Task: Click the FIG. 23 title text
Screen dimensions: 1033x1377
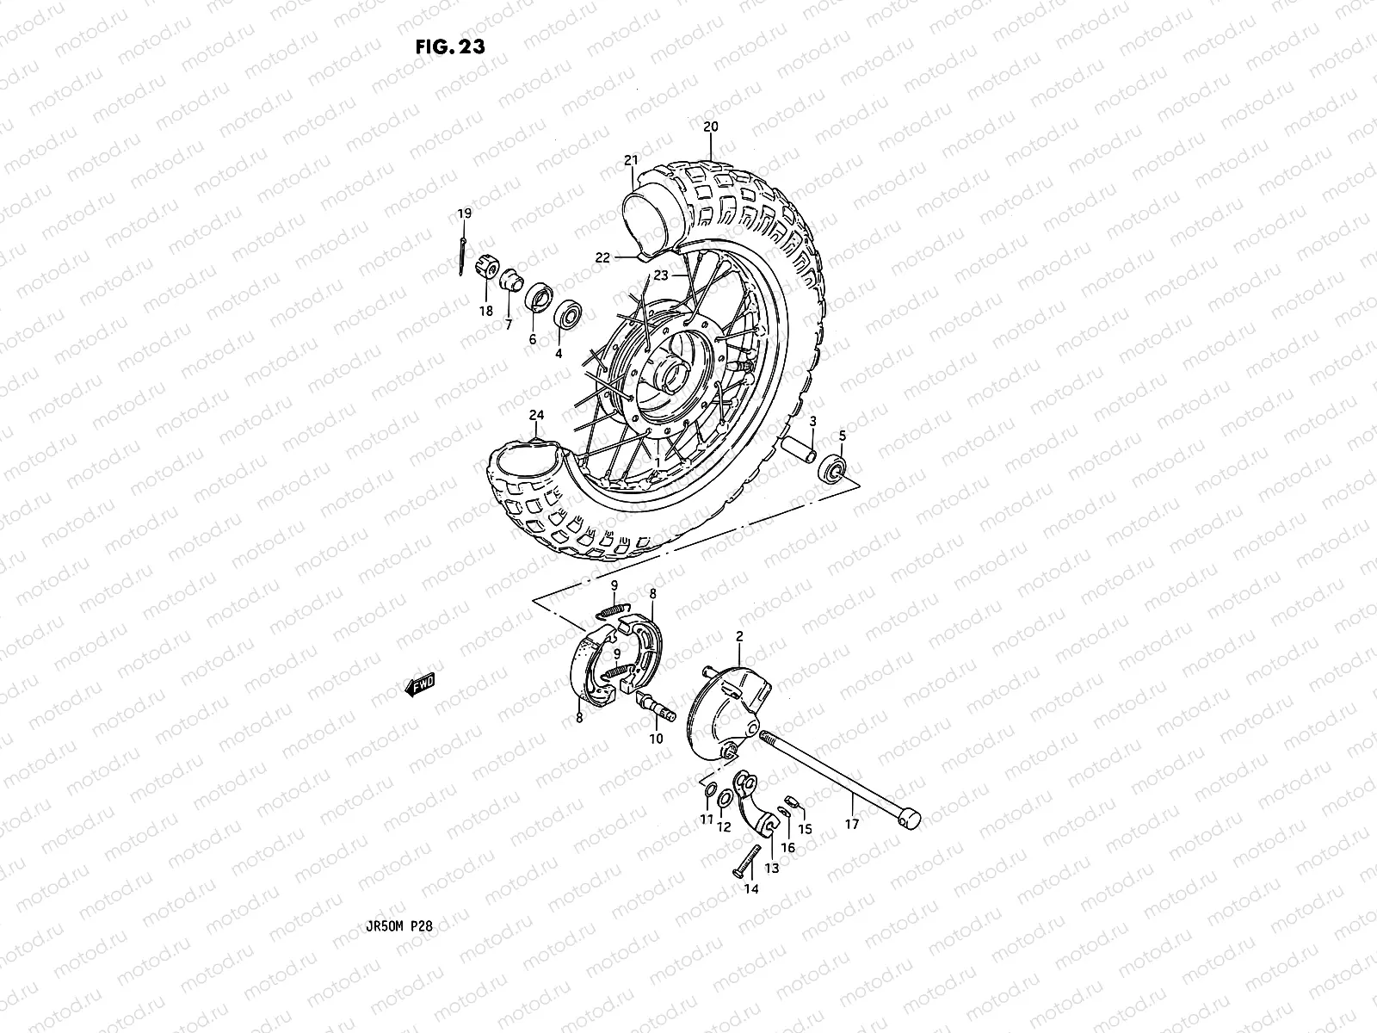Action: click(x=449, y=46)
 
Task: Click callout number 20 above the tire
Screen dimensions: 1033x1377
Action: click(x=710, y=126)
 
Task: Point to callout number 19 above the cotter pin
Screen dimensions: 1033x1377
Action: click(x=464, y=213)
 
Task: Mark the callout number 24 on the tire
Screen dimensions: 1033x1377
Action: click(x=537, y=415)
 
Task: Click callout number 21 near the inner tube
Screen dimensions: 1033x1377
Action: click(x=656, y=161)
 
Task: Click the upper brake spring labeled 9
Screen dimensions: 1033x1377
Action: click(x=609, y=611)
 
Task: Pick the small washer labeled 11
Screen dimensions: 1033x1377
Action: click(x=707, y=792)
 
